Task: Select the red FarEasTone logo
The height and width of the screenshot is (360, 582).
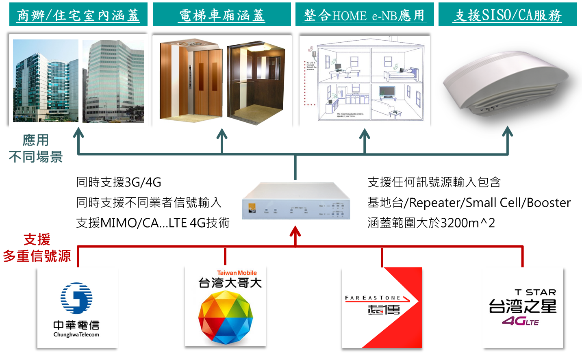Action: (382, 307)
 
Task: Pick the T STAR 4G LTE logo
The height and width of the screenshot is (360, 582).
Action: (523, 308)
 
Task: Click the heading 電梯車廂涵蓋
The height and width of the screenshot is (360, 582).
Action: (222, 15)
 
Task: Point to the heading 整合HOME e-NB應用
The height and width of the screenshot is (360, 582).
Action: (365, 15)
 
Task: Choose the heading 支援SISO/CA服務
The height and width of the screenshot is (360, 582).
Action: (508, 15)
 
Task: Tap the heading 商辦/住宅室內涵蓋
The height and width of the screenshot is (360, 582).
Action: (78, 15)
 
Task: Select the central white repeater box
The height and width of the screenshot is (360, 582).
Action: (296, 201)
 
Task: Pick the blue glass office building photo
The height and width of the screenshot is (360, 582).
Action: (46, 81)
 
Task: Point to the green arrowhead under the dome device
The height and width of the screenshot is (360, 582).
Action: (508, 132)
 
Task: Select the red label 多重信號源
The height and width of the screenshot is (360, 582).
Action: (37, 256)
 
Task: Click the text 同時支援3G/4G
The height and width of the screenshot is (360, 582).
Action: (119, 182)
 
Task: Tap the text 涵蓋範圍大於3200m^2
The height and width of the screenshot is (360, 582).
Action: (431, 223)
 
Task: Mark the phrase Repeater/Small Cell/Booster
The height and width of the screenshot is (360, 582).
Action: (489, 202)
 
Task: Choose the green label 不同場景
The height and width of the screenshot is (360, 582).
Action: (36, 156)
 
